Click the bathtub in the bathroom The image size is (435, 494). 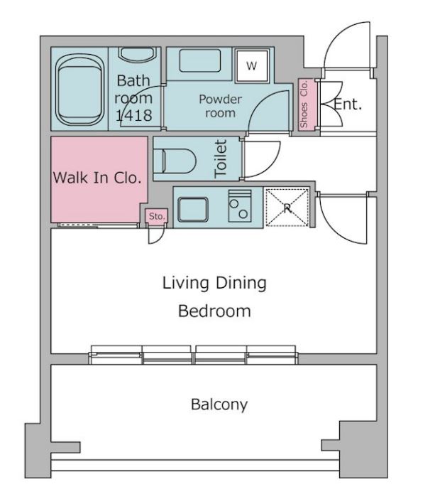point(80,90)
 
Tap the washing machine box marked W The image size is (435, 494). point(252,66)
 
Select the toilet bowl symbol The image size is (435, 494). point(175,161)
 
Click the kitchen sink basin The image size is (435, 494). point(193,210)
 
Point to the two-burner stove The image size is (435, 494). point(240,205)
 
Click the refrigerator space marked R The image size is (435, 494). point(287,208)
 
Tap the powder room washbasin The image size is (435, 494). point(199,60)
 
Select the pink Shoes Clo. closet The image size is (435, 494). point(307,104)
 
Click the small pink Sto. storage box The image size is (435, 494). point(156,217)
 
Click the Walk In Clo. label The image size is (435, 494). point(97,178)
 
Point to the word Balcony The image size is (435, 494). point(219,404)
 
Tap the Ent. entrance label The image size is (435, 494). point(348,104)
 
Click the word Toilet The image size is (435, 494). point(221,159)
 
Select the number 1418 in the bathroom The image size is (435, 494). point(134,115)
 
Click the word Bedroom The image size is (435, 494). point(214,311)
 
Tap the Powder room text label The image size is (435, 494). point(220,106)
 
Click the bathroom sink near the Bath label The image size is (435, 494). point(137,55)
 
